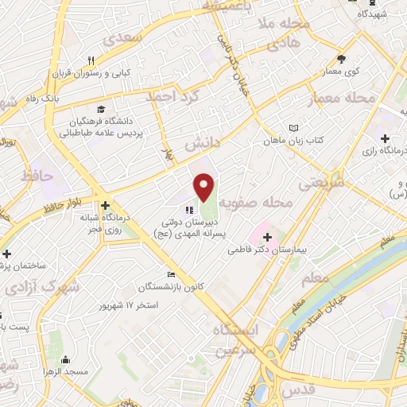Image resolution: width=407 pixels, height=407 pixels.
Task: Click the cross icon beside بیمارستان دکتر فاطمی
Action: (267, 236)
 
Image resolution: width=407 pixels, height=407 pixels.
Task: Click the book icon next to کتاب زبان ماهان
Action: (295, 128)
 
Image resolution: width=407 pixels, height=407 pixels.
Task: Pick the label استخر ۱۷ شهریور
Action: (128, 305)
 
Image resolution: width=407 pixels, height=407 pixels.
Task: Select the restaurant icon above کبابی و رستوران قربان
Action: (91, 61)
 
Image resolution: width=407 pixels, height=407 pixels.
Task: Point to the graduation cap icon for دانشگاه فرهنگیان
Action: (101, 109)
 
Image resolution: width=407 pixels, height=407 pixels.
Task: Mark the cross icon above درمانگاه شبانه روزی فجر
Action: (105, 205)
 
